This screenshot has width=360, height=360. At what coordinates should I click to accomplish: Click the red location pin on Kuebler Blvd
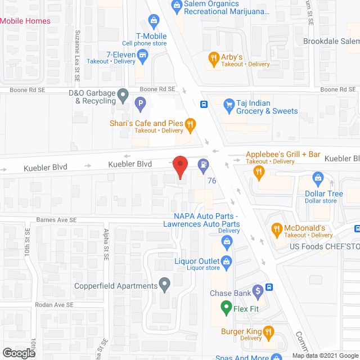[x=179, y=167]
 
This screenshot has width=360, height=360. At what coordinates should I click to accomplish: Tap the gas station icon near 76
[x=202, y=165]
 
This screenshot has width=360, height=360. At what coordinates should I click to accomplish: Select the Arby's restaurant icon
[x=213, y=57]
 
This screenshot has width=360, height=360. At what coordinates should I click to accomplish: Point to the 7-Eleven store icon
[x=143, y=55]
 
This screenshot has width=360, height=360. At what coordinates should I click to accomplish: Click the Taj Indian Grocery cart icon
[x=228, y=104]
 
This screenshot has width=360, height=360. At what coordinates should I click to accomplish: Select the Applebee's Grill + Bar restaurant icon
[x=259, y=172]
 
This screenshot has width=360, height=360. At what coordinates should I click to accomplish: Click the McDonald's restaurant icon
[x=276, y=228]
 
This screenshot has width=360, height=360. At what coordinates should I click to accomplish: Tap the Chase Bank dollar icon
[x=258, y=291]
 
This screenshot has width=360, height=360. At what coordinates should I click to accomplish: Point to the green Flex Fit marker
[x=226, y=308]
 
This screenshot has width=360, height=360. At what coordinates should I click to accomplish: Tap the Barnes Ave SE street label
[x=56, y=220]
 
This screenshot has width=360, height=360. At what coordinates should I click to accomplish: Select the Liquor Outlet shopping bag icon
[x=226, y=260]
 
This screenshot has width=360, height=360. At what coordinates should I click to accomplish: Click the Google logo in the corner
[x=18, y=353]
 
